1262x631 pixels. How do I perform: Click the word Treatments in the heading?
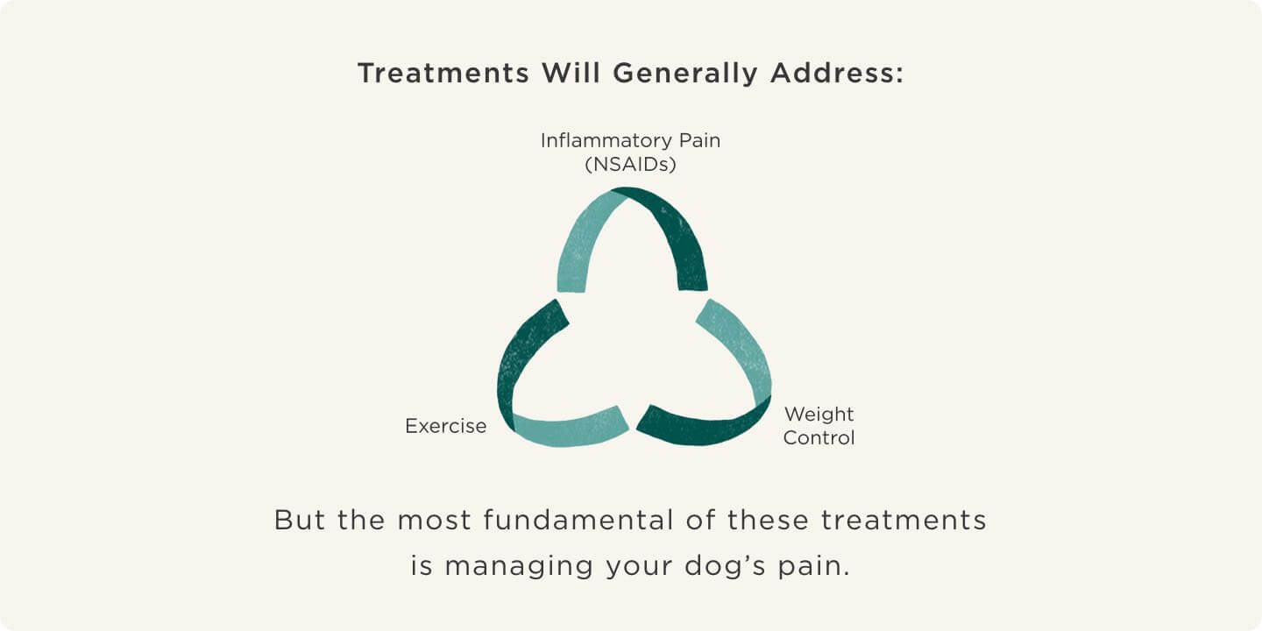pos(443,74)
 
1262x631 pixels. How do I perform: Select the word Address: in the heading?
pos(837,74)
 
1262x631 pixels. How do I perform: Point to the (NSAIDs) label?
pos(630,164)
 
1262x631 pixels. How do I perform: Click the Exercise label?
pos(445,426)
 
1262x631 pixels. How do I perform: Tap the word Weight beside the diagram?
pos(819,414)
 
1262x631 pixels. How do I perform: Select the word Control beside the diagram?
pos(819,437)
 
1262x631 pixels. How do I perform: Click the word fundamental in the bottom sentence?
pos(580,520)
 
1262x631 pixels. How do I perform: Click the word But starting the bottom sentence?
pos(300,520)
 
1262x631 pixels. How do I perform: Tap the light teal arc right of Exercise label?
pos(570,429)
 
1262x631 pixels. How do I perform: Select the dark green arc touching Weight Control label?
pos(701,427)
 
